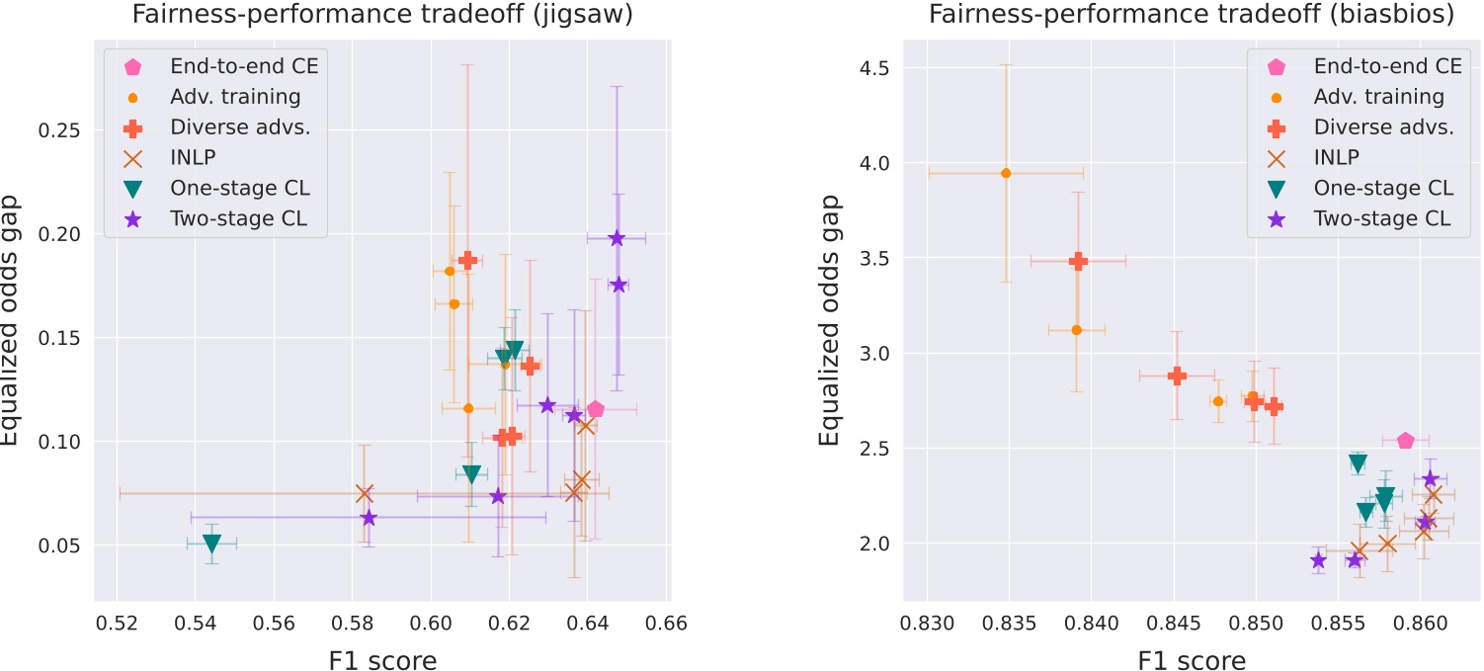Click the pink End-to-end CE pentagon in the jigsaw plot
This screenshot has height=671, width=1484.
pos(595,409)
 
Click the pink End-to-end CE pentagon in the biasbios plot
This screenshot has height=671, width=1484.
pos(1406,440)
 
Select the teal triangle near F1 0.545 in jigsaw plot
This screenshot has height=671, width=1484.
pos(211,544)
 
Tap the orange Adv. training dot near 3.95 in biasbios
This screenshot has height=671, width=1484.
pos(1006,173)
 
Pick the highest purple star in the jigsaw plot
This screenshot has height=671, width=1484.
pos(617,238)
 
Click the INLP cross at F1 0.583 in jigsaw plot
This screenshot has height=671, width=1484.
pos(364,493)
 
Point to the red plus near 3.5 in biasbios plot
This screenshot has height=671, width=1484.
pos(1078,261)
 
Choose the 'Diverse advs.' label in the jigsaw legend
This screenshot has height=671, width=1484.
pos(231,127)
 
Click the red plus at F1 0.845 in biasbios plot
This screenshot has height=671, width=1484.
pos(1177,376)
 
